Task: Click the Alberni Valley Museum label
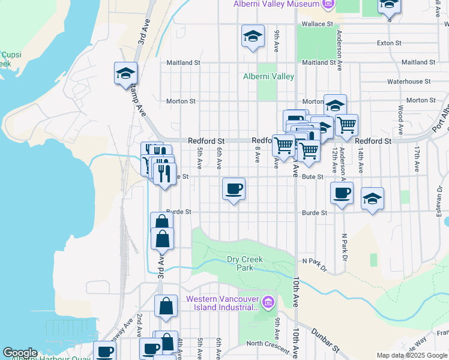click(x=276, y=4)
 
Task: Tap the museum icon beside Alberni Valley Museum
click(x=328, y=5)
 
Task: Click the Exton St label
click(x=388, y=43)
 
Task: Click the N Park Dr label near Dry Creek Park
click(x=314, y=264)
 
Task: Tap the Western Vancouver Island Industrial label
click(x=222, y=303)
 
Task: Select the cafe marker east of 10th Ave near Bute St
click(x=342, y=193)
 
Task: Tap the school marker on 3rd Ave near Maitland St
click(x=126, y=74)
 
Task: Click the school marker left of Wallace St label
click(x=253, y=37)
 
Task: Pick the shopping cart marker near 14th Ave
click(x=346, y=125)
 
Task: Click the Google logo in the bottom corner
click(x=20, y=353)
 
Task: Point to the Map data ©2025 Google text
click(x=412, y=355)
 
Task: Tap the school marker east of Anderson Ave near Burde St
click(x=372, y=199)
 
